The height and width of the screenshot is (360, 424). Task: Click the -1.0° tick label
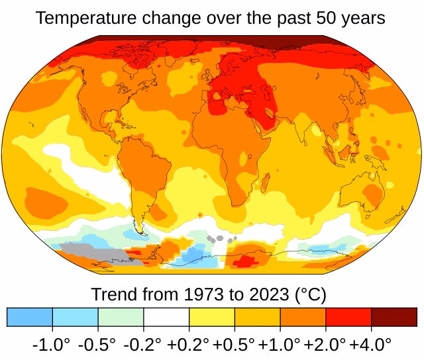point(51,344)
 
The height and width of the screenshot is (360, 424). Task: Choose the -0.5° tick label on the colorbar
point(97,344)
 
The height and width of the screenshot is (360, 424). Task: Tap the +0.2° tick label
point(188,344)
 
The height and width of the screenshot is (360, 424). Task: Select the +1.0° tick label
point(279,344)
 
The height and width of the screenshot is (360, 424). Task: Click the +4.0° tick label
point(370,344)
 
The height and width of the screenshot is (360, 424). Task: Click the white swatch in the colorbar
point(166,317)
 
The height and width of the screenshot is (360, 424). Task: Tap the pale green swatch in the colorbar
point(121,317)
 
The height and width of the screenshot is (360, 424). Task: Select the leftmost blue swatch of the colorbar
point(29,317)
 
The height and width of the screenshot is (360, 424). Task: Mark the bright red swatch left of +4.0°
point(348,317)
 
